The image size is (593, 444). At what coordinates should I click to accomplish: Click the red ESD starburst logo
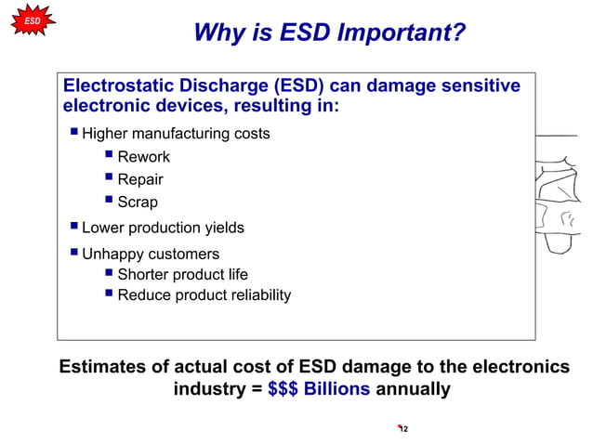click(x=33, y=20)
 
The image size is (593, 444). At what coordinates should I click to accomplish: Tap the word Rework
click(x=143, y=157)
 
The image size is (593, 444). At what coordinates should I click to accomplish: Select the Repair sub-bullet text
click(x=140, y=179)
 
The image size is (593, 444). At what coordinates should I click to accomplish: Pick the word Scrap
click(x=138, y=202)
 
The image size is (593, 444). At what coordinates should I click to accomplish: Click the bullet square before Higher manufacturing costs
click(x=73, y=133)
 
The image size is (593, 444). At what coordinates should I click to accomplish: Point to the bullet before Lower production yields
click(x=73, y=227)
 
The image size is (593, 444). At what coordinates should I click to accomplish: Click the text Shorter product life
click(x=182, y=274)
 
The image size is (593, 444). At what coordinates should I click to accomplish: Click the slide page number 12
click(x=403, y=429)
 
